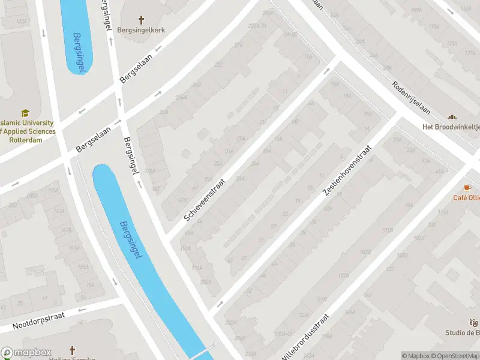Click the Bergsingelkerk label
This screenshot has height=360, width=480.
(x=141, y=30)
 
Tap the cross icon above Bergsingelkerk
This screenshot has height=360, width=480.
(x=141, y=20)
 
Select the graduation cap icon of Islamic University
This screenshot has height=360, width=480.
(x=25, y=113)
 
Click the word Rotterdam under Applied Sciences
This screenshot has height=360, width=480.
(x=26, y=140)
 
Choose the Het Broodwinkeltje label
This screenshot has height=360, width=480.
(x=451, y=127)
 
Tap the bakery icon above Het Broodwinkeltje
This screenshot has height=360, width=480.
(x=452, y=117)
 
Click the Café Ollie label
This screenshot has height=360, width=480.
(x=466, y=197)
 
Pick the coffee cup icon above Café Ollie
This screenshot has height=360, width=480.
(x=468, y=188)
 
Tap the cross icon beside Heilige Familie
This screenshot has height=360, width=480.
(x=73, y=350)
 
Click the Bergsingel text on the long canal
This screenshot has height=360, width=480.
(x=131, y=241)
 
